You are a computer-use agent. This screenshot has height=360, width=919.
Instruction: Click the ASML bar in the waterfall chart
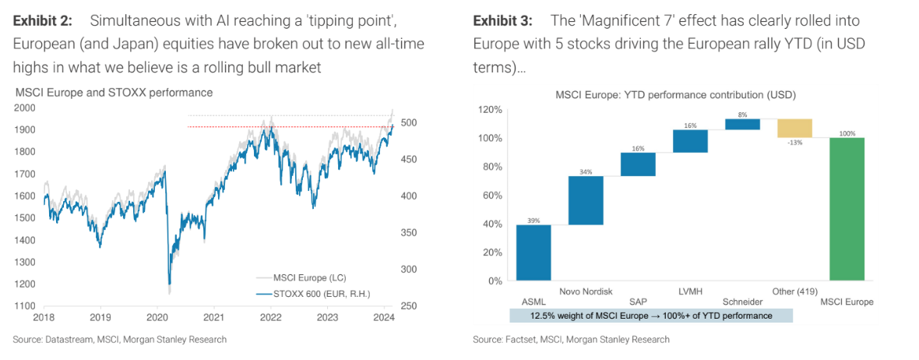pos(533,252)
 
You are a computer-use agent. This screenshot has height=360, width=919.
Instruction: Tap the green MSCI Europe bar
pos(847,209)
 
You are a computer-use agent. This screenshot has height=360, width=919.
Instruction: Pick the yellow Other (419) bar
pos(795,128)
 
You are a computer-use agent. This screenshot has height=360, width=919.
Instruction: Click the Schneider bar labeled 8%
pos(743,124)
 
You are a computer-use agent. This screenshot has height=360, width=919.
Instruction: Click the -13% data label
pos(795,142)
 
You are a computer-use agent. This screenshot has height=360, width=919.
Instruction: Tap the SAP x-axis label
pos(638,302)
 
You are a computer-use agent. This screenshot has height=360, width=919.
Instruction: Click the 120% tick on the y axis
pos(491,110)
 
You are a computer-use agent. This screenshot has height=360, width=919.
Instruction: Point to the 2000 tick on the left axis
pos(25,108)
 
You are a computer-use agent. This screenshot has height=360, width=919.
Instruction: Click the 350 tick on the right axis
pos(408,233)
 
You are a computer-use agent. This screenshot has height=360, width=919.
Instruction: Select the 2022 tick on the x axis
pos(270,317)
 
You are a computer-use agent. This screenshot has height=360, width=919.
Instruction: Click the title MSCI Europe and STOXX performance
pos(113,93)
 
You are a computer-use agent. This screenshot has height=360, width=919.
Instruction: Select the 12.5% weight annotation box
pos(651,316)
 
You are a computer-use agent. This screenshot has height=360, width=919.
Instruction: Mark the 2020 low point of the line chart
pos(169,291)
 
